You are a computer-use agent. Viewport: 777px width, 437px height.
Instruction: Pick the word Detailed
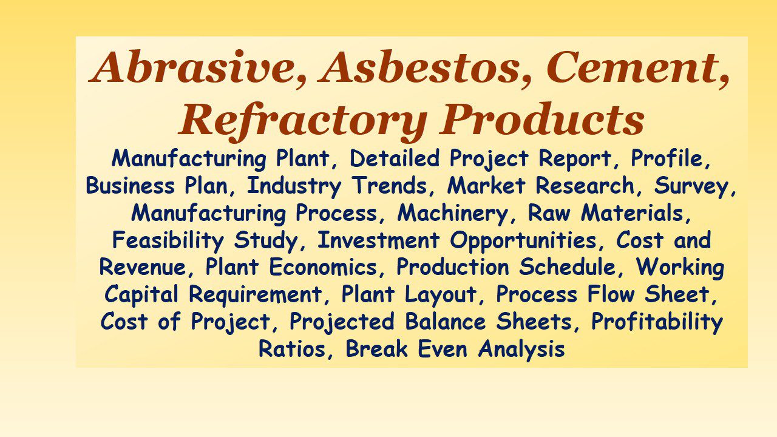pyautogui.click(x=396, y=159)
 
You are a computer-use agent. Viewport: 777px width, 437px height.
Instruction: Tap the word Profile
pyautogui.click(x=670, y=159)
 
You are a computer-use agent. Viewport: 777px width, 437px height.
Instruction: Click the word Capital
pyautogui.click(x=144, y=295)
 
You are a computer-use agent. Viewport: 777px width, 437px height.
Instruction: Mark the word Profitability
pyautogui.click(x=657, y=322)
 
